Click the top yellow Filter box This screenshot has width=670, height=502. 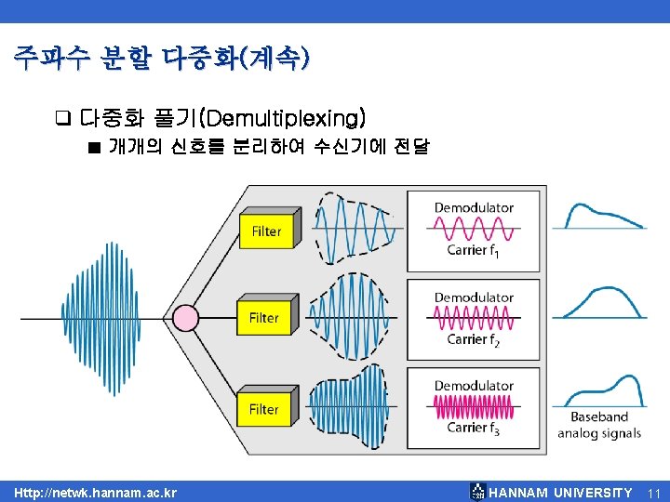click(x=266, y=231)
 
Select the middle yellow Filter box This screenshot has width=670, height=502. click(x=264, y=318)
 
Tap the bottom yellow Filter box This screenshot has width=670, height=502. click(x=264, y=409)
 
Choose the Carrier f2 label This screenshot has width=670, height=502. click(x=474, y=339)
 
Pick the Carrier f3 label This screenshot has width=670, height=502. click(x=474, y=428)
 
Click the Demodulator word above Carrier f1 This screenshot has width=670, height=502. click(x=474, y=207)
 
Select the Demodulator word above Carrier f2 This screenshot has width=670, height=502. click(x=474, y=297)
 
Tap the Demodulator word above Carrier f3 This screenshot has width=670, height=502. click(x=474, y=386)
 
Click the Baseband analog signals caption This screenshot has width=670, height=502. click(x=599, y=425)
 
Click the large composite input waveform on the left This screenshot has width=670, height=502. click(x=97, y=318)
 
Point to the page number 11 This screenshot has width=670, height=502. click(x=653, y=492)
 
